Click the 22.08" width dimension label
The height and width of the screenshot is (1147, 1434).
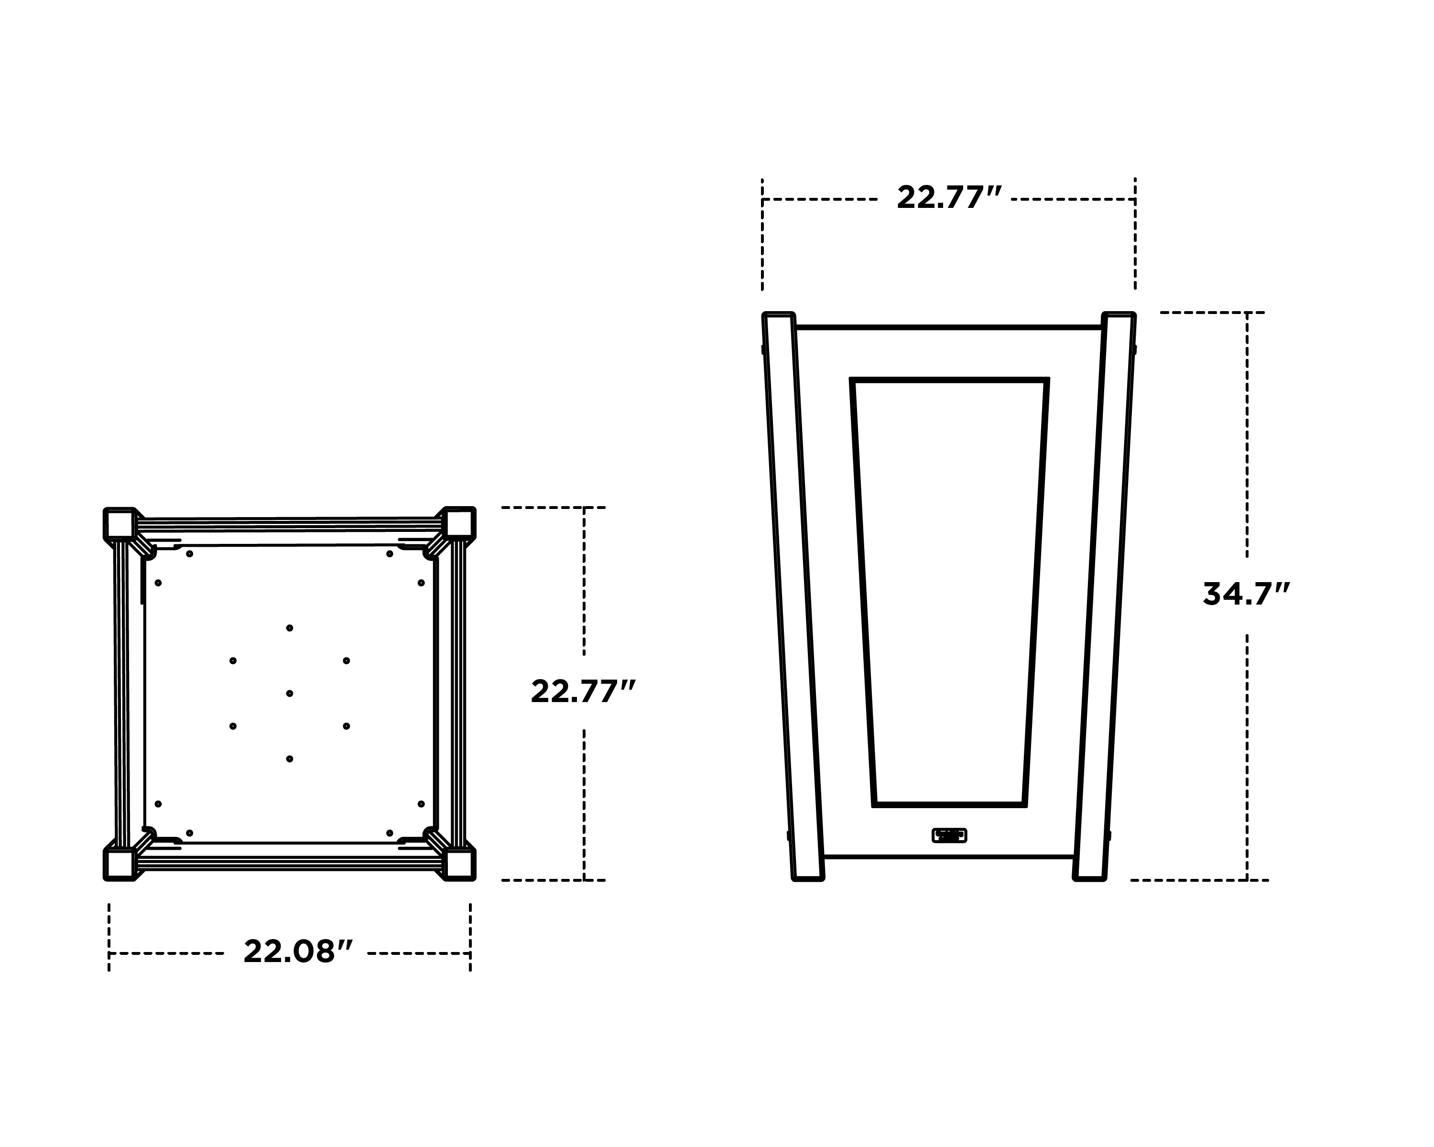tap(297, 952)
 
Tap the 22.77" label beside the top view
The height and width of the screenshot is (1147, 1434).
tap(583, 692)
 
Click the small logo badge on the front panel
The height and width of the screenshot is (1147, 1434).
tap(949, 835)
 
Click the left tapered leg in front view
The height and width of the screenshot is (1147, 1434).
tap(793, 598)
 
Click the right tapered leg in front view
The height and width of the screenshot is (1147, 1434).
tap(1105, 598)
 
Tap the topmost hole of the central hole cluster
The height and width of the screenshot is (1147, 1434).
tap(289, 628)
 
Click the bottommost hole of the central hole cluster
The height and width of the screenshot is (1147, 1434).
tap(289, 758)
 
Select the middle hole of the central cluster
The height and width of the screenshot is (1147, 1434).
tap(289, 693)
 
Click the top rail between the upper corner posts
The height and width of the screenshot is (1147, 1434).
tap(289, 525)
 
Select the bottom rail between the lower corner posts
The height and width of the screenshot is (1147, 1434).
tap(289, 864)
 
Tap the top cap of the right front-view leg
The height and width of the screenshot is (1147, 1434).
tap(1118, 315)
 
